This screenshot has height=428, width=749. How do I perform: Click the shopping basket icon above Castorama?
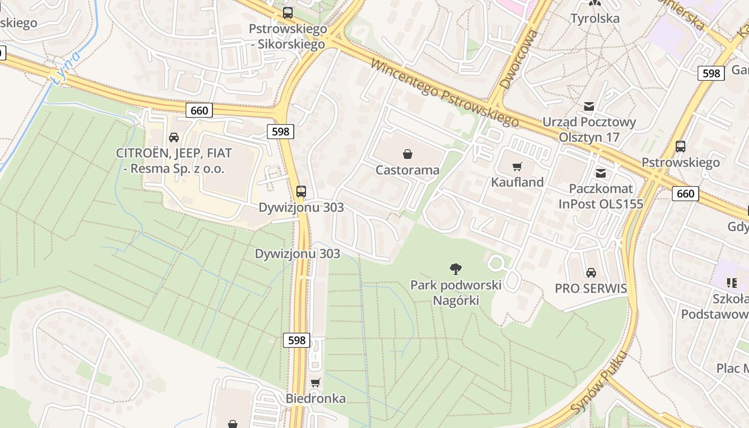408,155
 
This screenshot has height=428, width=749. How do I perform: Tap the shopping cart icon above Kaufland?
517,167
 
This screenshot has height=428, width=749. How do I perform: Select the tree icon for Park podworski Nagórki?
456,269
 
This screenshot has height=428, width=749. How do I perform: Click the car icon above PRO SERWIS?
591,273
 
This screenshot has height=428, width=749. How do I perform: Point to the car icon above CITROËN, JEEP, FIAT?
174,137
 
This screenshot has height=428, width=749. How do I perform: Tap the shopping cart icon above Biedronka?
315,383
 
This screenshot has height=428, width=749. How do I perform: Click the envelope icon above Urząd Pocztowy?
589,106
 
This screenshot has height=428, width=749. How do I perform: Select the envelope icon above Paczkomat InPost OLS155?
601,173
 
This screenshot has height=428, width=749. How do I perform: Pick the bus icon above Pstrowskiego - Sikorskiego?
288,13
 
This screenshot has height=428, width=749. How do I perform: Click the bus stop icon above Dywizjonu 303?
301,192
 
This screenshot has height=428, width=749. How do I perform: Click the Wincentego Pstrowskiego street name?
444,93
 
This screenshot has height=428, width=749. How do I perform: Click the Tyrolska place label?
595,19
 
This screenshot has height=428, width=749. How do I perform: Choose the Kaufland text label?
517,182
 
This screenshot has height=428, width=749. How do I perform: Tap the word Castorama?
408,170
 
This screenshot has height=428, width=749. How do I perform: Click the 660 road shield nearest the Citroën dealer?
200,111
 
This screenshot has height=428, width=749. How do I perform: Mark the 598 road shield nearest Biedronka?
296,340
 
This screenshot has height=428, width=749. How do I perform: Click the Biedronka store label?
315,399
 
